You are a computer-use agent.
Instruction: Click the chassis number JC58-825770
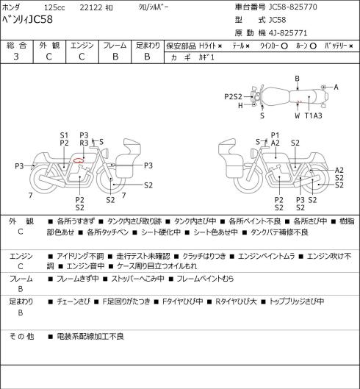293,7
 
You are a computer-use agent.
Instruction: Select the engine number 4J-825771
288,33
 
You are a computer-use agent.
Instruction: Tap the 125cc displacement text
54,7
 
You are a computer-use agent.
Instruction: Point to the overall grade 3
16,57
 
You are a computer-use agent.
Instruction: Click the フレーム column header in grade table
115,46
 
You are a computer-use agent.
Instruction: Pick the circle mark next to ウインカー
284,46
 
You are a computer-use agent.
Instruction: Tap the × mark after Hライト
220,46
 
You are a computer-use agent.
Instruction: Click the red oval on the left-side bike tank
78,160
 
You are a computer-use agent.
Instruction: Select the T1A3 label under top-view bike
314,115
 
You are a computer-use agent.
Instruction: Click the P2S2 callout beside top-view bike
233,96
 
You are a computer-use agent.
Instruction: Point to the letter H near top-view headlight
240,105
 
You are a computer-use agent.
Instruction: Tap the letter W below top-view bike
297,115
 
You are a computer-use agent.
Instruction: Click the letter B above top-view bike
297,79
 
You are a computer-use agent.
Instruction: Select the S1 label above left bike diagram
64,135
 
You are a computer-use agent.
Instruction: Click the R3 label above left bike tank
84,143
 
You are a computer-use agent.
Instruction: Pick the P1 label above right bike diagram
276,135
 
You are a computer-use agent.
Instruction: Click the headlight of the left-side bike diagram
105,152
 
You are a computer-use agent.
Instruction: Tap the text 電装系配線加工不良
90,336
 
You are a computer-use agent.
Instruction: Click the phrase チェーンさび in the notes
73,301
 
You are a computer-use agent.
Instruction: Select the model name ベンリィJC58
27,19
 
